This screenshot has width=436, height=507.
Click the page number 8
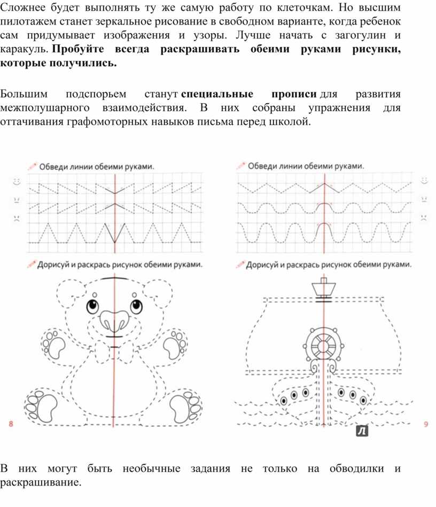pyautogui.click(x=11, y=424)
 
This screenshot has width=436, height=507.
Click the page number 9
pyautogui.click(x=426, y=425)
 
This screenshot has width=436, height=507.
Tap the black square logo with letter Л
pyautogui.click(x=363, y=430)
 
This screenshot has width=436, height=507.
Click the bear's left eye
pyautogui.click(x=93, y=307)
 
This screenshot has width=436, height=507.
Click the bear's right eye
pyautogui.click(x=135, y=307)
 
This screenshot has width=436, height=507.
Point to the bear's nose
pyautogui.click(x=114, y=322)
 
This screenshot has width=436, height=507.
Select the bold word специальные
pyautogui.click(x=217, y=95)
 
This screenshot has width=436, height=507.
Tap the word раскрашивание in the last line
pyautogui.click(x=41, y=482)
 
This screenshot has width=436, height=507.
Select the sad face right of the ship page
pyautogui.click(x=424, y=217)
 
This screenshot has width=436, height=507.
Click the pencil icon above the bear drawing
pyautogui.click(x=30, y=264)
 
